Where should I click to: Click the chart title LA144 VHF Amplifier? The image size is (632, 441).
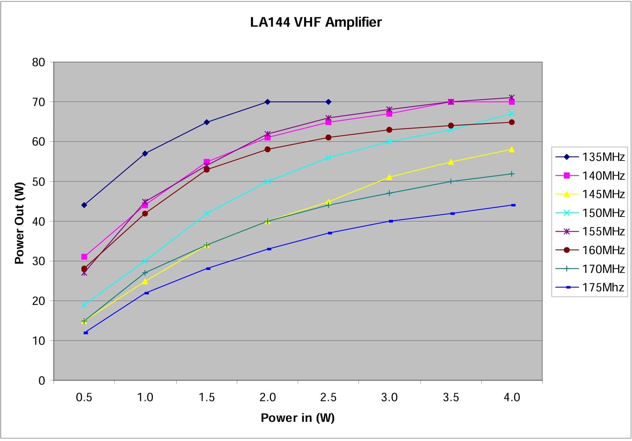[x=316, y=22]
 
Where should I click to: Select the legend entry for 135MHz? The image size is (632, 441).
[x=590, y=157]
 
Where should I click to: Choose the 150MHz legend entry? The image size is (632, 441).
[x=590, y=213]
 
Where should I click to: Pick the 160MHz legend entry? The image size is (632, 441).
[x=590, y=250]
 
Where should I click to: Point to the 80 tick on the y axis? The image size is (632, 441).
[x=39, y=62]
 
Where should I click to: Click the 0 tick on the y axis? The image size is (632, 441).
[x=42, y=381]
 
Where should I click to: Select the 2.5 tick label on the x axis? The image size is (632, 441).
[x=328, y=397]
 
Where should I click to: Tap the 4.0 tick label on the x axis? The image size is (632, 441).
[x=512, y=397]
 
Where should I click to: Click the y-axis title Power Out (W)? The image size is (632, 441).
[x=20, y=223]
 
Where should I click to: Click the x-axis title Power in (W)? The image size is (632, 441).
[x=298, y=418]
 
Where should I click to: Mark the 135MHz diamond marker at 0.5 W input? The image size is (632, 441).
[x=84, y=205]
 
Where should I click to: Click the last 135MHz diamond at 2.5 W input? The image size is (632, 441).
[x=328, y=102]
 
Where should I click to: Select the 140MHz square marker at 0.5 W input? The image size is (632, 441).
[x=84, y=257]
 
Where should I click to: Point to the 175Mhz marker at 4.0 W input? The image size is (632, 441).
[x=513, y=205]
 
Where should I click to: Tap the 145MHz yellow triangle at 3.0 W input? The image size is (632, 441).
[x=389, y=177]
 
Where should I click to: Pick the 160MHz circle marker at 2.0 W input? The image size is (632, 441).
[x=268, y=149]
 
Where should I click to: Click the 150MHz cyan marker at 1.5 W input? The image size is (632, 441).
[x=207, y=214]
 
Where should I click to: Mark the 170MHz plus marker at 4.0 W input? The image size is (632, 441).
[x=512, y=174]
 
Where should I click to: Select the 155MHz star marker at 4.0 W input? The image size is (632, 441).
[x=512, y=98]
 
